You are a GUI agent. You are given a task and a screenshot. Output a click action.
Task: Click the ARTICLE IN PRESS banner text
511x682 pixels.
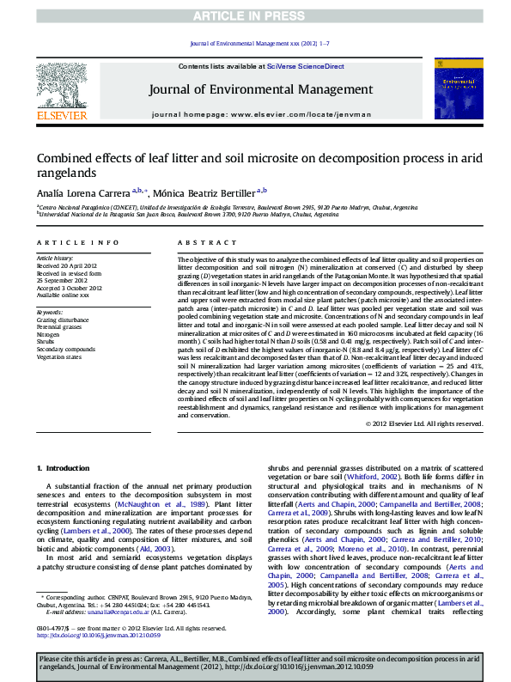tap(255, 16)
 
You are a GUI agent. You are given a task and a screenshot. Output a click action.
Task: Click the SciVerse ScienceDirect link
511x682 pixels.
tap(305, 66)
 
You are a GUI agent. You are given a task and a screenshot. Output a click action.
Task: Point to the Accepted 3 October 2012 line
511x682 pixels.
tap(65, 287)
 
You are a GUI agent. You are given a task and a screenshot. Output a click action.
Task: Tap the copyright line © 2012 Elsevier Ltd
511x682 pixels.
tap(425, 423)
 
